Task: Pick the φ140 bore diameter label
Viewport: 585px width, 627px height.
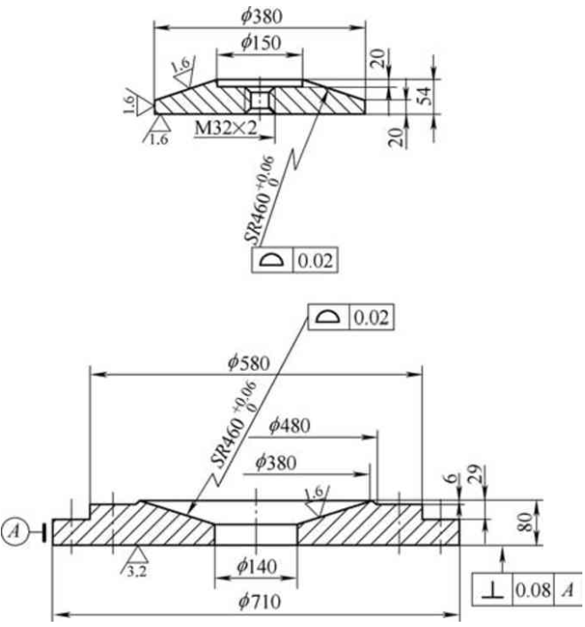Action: (255, 566)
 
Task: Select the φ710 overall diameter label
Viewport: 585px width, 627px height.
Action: (255, 602)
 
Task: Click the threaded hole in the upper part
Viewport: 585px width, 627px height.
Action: (258, 98)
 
